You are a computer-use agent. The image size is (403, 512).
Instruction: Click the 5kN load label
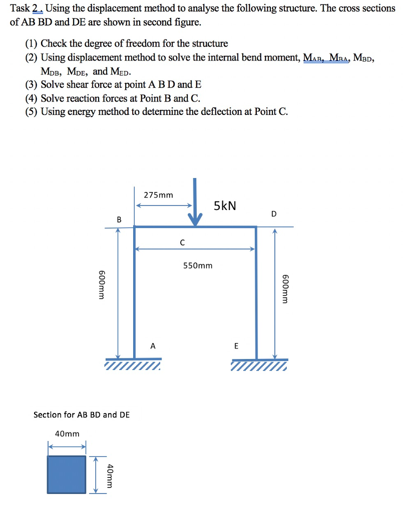click(225, 205)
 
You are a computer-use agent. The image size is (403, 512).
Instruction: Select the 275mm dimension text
click(158, 194)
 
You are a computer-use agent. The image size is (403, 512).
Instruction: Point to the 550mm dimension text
click(197, 265)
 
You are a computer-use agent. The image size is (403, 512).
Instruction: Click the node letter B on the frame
click(119, 219)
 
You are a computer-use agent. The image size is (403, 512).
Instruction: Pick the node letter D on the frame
click(273, 214)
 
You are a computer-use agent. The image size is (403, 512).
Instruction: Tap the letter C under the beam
click(182, 242)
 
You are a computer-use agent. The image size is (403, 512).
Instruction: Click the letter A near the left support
click(153, 345)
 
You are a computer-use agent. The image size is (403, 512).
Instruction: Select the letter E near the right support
click(236, 345)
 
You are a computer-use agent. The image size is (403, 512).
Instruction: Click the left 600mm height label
click(101, 285)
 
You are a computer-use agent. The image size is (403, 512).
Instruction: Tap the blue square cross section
click(67, 474)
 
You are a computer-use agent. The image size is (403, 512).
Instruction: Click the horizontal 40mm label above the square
click(67, 433)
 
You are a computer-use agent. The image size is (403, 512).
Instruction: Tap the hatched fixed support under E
click(259, 367)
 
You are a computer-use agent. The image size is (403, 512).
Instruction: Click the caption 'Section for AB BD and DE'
click(82, 414)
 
